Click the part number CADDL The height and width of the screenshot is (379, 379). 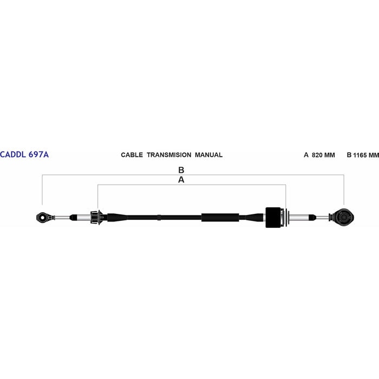(x=13, y=154)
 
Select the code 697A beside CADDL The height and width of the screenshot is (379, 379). (x=38, y=154)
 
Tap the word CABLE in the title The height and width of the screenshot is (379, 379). (x=132, y=155)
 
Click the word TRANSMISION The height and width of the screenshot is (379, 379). (x=169, y=155)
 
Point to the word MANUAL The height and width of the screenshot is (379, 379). (x=208, y=155)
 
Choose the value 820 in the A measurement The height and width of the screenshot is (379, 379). (x=317, y=155)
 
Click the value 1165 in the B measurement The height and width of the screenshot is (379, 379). (x=360, y=155)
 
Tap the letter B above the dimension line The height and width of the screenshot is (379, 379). (x=181, y=170)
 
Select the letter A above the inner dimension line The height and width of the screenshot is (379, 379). (x=181, y=180)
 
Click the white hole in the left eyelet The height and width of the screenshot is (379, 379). (x=43, y=218)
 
